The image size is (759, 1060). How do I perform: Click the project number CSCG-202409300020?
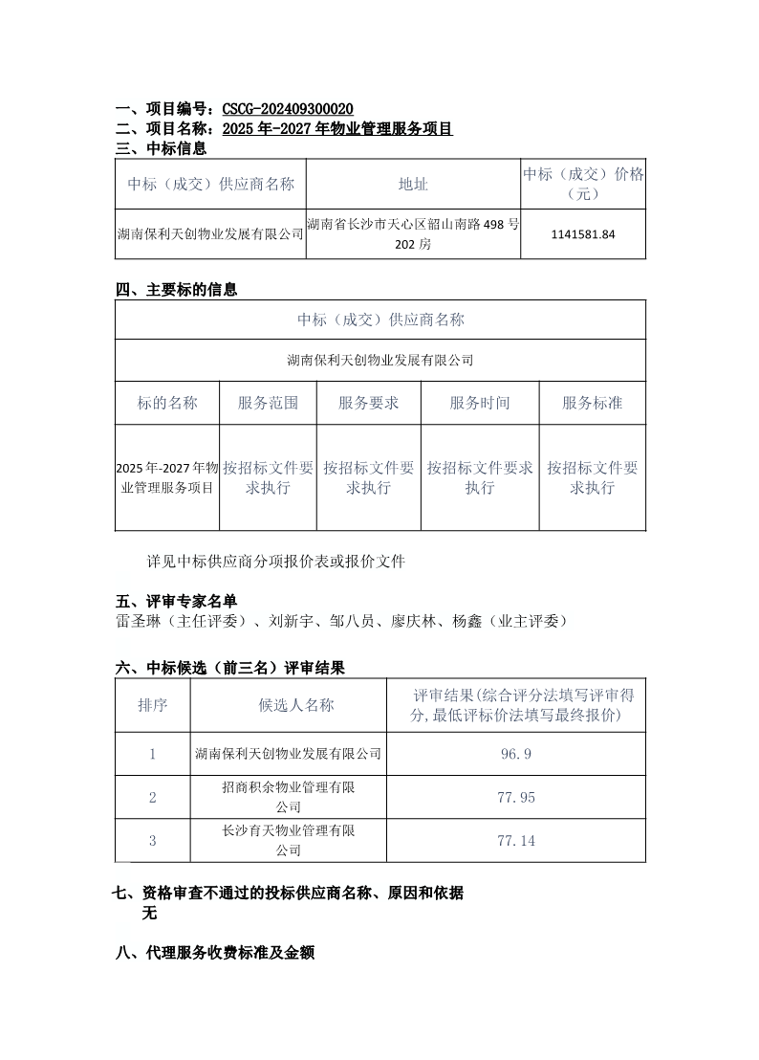coord(287,109)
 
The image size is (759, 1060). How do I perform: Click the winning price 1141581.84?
coord(583,234)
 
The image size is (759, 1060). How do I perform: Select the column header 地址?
coord(413,185)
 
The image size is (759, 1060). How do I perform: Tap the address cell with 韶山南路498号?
coord(413,234)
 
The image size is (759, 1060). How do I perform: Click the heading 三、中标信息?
coord(161,148)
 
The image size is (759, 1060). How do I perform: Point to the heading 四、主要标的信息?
coord(176,290)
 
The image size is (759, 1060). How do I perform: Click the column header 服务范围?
coord(268,403)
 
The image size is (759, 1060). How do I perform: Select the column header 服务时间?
coord(480,403)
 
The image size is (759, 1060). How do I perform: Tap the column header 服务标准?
coord(592,403)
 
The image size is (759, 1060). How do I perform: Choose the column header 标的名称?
coord(167,403)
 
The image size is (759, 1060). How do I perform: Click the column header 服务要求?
coord(368,403)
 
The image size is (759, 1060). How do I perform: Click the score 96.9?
coord(516,754)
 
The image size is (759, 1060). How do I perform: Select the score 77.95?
coord(516,797)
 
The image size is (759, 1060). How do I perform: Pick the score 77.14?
coord(516,841)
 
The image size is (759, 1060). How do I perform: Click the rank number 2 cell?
coord(153,797)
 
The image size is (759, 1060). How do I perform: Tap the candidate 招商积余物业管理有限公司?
coord(288,797)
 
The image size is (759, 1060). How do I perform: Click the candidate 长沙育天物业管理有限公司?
coord(288,841)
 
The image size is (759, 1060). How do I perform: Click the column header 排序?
coord(153,705)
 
